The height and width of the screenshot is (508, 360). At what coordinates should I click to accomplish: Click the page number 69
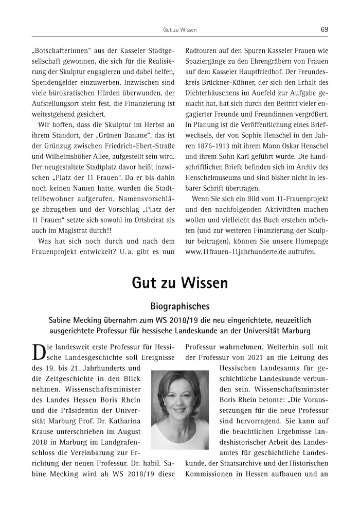[324, 29]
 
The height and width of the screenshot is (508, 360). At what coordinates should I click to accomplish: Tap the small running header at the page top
[179, 30]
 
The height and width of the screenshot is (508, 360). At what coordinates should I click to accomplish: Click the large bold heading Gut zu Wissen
[179, 283]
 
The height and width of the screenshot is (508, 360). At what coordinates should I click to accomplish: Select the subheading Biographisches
[179, 307]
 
